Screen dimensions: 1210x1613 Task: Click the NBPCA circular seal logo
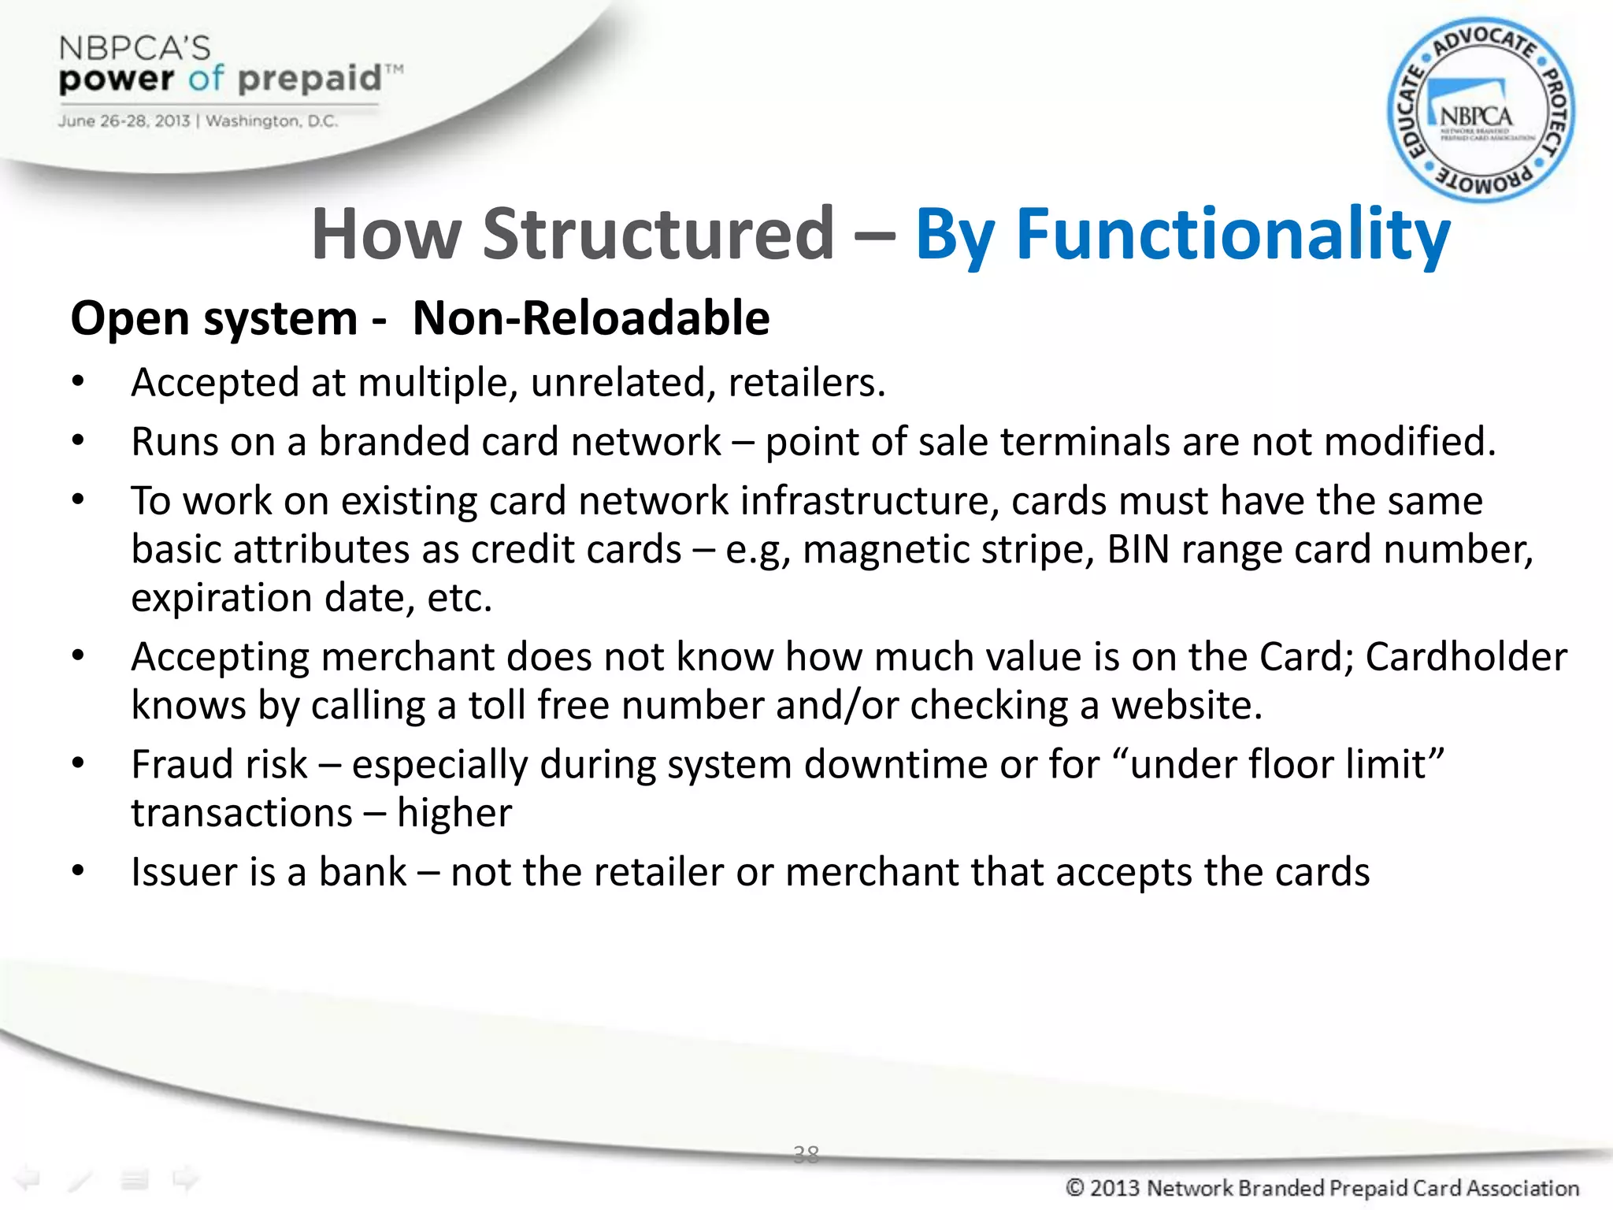point(1481,110)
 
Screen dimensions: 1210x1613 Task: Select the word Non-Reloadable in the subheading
point(591,318)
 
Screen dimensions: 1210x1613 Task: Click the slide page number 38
point(806,1154)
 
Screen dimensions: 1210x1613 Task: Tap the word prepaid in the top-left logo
point(309,80)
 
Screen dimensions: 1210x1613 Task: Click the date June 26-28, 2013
point(124,121)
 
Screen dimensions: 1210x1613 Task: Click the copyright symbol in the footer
point(1075,1187)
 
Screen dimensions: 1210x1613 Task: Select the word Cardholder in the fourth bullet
point(1465,656)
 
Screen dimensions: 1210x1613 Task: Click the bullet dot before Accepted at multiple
point(77,382)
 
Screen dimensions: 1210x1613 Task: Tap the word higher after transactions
point(454,813)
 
